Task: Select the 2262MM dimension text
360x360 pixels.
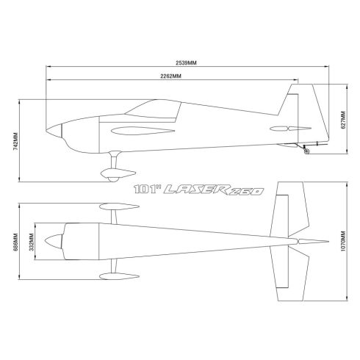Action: pos(173,77)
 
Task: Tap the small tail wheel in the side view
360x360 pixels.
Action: pos(306,153)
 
